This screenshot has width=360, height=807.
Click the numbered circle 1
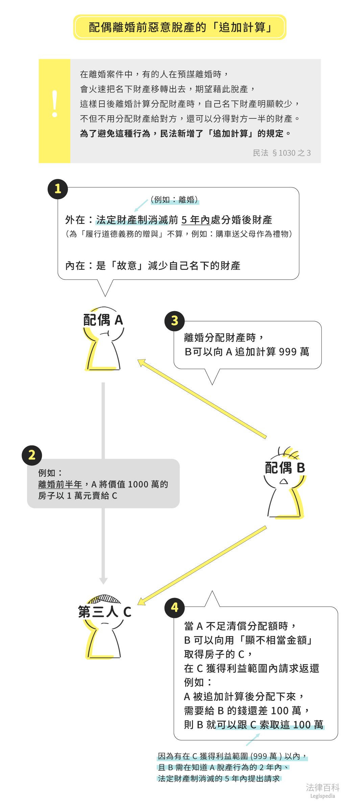[58, 189]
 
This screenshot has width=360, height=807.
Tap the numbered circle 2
[32, 455]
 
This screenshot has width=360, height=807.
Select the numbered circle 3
[174, 321]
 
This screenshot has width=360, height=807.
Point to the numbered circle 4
[174, 607]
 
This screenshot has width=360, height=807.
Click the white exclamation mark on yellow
[55, 104]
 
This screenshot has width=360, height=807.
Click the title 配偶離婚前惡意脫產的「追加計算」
[180, 27]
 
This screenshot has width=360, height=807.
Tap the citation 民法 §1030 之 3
[282, 153]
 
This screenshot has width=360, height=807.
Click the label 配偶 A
[103, 320]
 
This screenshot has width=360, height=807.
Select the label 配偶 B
[285, 468]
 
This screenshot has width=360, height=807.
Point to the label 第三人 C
[104, 612]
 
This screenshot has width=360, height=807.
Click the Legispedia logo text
[322, 796]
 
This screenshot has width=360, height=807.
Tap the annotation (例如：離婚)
[174, 200]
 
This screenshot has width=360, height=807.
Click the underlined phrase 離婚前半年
[60, 484]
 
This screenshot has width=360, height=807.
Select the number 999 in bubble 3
[288, 352]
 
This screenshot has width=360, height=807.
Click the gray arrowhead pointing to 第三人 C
[103, 581]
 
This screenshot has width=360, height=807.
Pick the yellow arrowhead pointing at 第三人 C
[142, 602]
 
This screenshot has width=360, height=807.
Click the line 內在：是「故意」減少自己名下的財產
[153, 266]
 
